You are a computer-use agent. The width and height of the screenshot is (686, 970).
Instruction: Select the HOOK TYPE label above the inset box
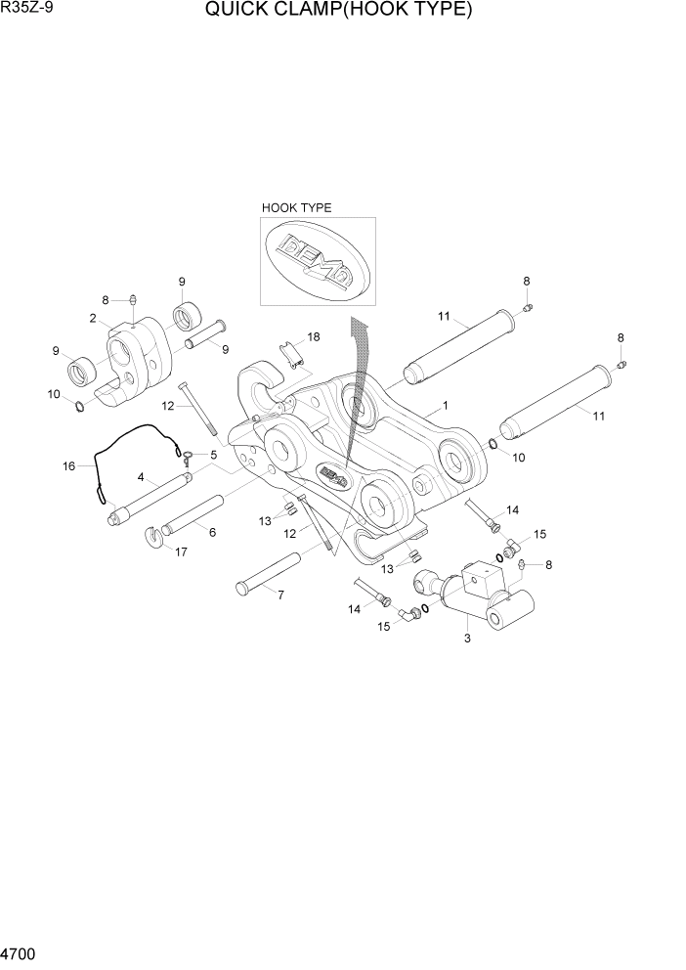(x=296, y=208)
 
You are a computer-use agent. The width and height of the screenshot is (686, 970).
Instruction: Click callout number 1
(x=445, y=404)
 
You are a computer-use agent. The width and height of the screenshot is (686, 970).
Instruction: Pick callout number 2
(x=92, y=318)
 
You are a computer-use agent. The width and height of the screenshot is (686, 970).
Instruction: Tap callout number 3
(x=467, y=639)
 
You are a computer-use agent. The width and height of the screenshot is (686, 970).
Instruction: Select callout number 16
(x=69, y=466)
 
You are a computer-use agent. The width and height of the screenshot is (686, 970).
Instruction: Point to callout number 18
(x=314, y=336)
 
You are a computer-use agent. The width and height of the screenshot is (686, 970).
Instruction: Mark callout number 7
(x=280, y=595)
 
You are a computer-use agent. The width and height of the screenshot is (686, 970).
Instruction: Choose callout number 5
(x=214, y=454)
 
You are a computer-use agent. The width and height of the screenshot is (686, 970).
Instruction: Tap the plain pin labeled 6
(x=193, y=516)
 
